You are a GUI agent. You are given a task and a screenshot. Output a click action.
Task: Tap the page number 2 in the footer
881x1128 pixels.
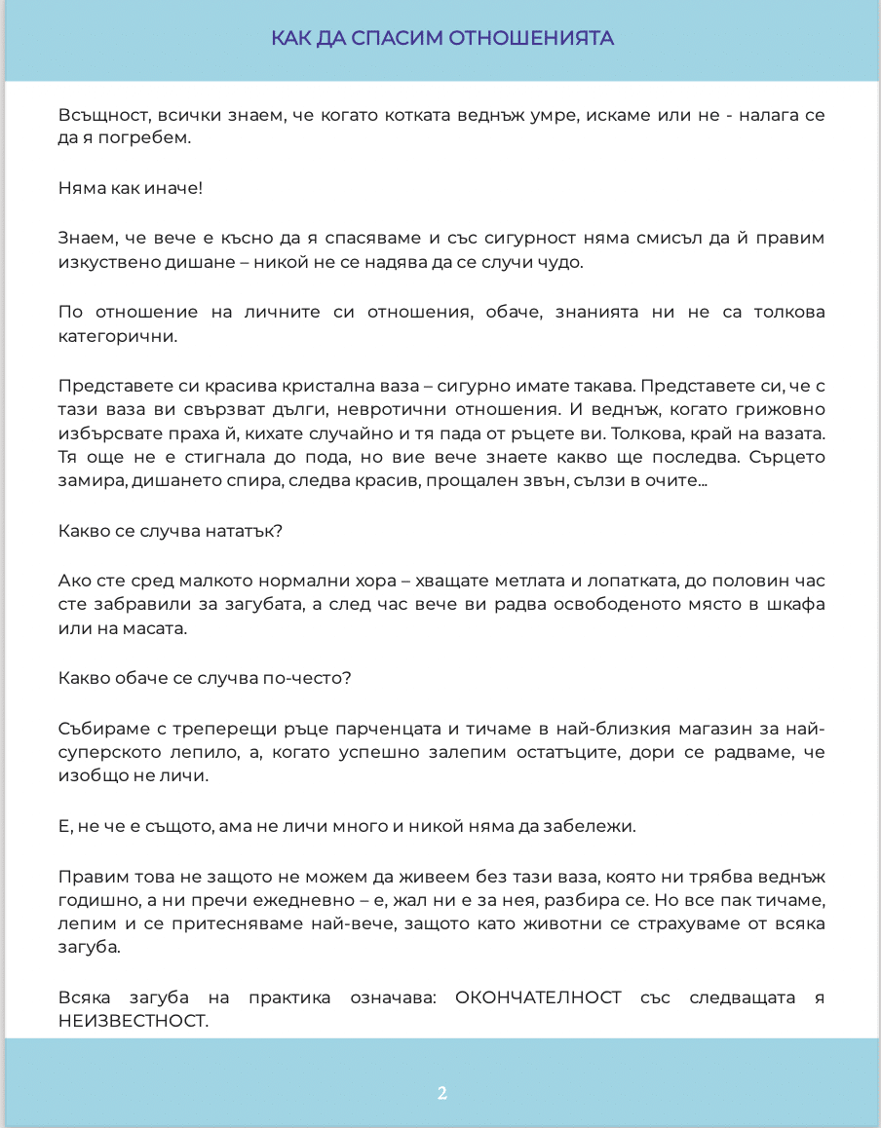(x=441, y=1093)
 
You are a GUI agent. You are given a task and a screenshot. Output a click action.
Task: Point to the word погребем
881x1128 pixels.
(x=152, y=138)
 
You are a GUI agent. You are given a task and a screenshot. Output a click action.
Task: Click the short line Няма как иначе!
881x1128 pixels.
(x=131, y=188)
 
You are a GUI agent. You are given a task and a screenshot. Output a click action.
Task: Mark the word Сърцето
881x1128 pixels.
(x=788, y=460)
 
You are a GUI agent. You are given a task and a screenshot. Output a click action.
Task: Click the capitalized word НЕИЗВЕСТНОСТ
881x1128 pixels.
(x=134, y=1022)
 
